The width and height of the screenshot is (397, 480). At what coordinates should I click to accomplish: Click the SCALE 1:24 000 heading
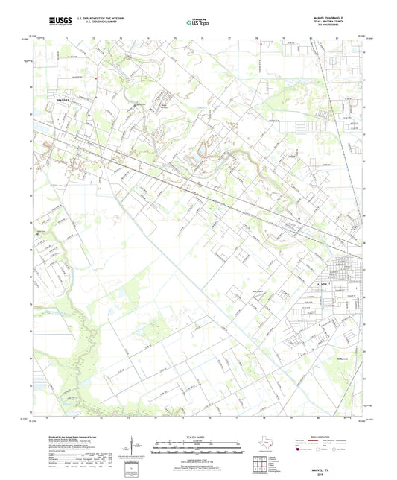coord(197,437)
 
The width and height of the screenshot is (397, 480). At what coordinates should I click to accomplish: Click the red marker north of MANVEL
coord(97,78)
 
